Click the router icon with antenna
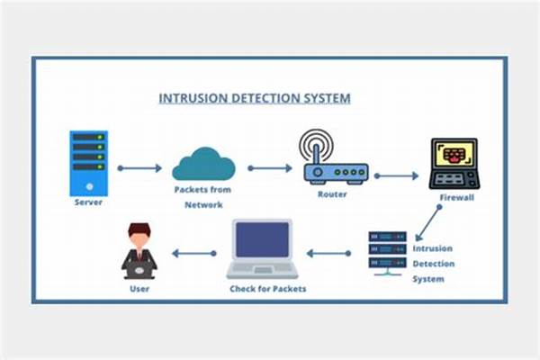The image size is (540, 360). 335,160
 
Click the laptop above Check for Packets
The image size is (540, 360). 262,247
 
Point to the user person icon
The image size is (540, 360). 139,251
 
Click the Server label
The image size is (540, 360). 88,202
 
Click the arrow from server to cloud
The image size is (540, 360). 139,167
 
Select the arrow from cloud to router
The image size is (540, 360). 270,167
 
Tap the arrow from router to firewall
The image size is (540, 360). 397,175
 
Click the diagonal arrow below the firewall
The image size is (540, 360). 427,220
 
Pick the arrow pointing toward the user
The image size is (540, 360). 194,253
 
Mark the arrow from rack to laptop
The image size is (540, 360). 328,253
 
